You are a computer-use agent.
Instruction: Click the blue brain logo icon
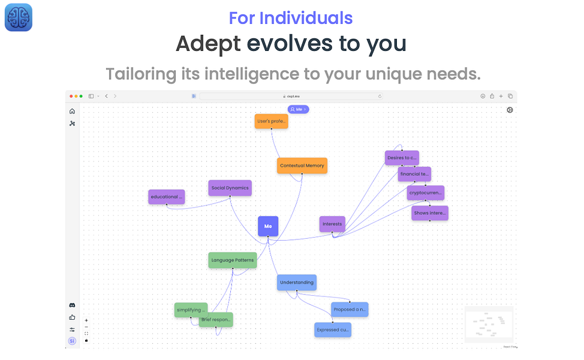point(19,17)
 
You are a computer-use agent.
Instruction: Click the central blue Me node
point(268,226)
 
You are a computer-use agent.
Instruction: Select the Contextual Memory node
point(302,166)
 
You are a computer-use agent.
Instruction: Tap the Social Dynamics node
point(230,188)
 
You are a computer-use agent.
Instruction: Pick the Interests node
point(332,224)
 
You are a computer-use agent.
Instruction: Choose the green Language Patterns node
point(233,260)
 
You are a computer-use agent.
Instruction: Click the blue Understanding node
point(296,283)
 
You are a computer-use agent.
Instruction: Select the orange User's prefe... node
point(271,121)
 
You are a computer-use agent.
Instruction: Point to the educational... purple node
point(166,197)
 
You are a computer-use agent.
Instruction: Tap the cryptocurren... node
point(426,193)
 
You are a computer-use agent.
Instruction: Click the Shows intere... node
point(430,213)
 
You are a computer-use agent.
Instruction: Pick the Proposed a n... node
point(350,310)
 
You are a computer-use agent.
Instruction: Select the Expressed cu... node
point(333,330)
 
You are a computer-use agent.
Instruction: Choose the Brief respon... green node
point(216,320)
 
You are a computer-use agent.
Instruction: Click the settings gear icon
point(510,110)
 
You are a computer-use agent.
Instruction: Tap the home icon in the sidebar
point(73,111)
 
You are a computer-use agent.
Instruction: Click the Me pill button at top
point(298,109)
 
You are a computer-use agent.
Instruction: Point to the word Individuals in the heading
point(306,18)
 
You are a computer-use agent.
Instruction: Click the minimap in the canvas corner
point(489,325)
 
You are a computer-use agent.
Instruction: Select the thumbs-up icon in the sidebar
point(73,317)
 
